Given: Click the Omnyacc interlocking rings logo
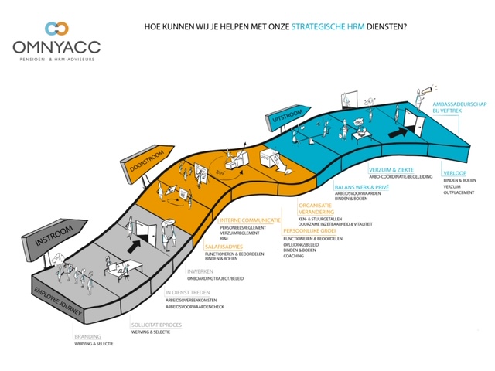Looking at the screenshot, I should click(56, 29).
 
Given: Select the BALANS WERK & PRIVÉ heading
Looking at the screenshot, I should click(361, 187).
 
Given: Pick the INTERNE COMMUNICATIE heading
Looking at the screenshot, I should click(249, 220).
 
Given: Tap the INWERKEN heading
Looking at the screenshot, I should click(200, 271).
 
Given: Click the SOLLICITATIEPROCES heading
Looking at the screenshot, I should click(155, 325).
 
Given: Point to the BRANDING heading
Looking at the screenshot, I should click(87, 336).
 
